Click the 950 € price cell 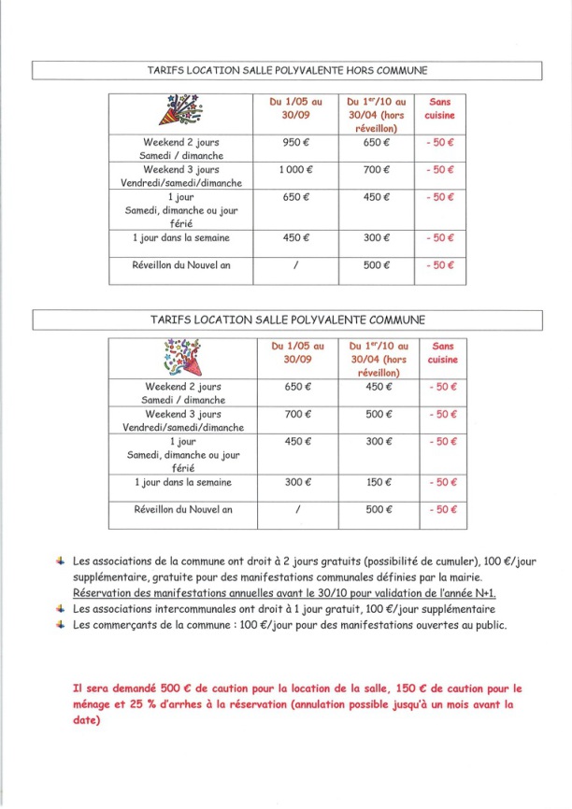(295, 144)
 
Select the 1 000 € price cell (295, 170)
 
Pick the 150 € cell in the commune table (376, 482)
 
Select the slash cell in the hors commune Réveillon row (295, 264)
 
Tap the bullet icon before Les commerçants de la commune (60, 624)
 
